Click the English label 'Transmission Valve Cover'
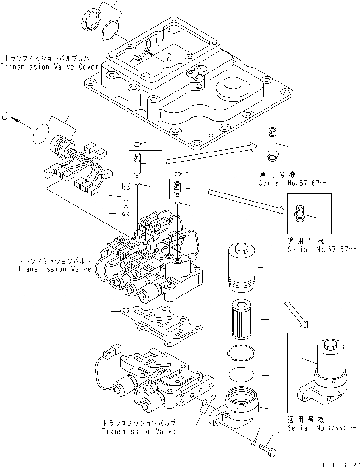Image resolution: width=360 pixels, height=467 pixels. (x=50, y=67)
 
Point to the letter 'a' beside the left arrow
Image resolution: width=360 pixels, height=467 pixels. (x=5, y=116)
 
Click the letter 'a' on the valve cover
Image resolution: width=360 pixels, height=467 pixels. (x=169, y=58)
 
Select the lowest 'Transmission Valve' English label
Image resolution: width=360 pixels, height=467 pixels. (x=139, y=431)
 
